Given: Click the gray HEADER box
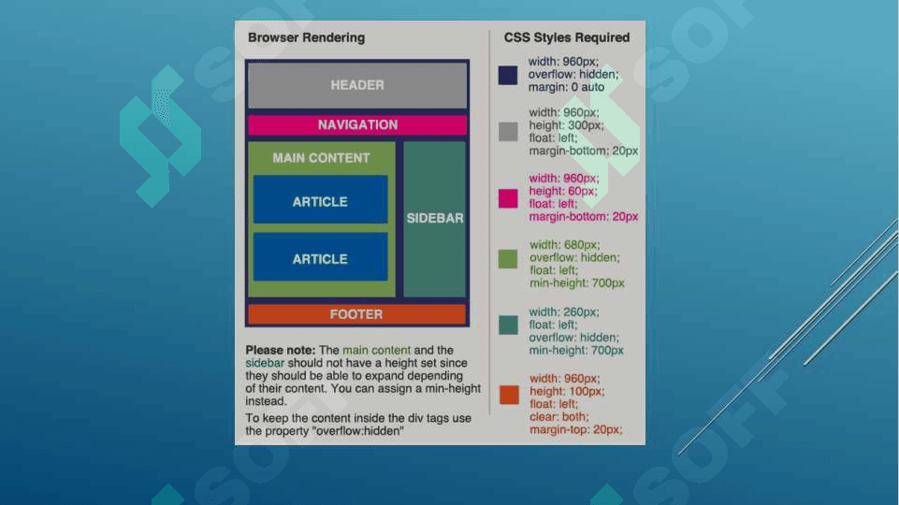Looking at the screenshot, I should point(357,85).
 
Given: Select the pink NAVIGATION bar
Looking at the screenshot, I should point(357,124).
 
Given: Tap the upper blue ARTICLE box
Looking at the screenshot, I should point(320,201).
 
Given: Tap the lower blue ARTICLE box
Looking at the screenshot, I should point(320,258).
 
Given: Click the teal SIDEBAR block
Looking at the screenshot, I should point(435,218).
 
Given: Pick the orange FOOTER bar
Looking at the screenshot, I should point(356,314).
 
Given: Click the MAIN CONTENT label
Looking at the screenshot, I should point(321,158).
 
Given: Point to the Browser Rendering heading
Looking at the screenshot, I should point(306,38).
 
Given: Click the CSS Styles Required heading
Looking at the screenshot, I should point(567,38).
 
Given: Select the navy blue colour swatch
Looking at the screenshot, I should point(508,75).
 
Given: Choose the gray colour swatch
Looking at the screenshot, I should point(508,131).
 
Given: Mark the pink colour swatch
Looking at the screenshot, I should point(508,197).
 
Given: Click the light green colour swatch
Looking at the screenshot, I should point(508,258).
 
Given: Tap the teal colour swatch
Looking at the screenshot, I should point(508,325).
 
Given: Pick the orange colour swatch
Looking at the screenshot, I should point(508,394).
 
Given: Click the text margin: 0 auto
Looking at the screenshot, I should point(566,87).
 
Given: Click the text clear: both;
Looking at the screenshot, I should point(559,417).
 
